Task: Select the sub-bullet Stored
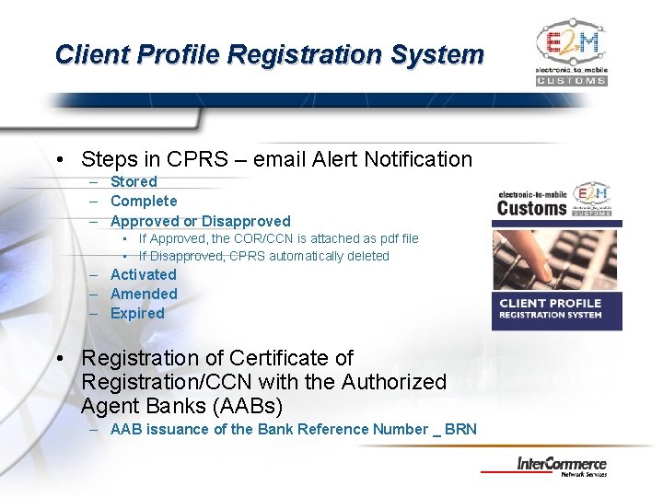coord(134,181)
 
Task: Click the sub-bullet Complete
coord(144,201)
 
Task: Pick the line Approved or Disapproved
coord(200,221)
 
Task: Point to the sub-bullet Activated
coord(143,274)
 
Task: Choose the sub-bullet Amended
coord(144,294)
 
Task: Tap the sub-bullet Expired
coord(137,313)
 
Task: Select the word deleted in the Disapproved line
coord(366,256)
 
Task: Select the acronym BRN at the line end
coord(460,429)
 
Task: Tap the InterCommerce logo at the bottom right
coord(574,466)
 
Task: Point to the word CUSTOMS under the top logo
coord(571,80)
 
